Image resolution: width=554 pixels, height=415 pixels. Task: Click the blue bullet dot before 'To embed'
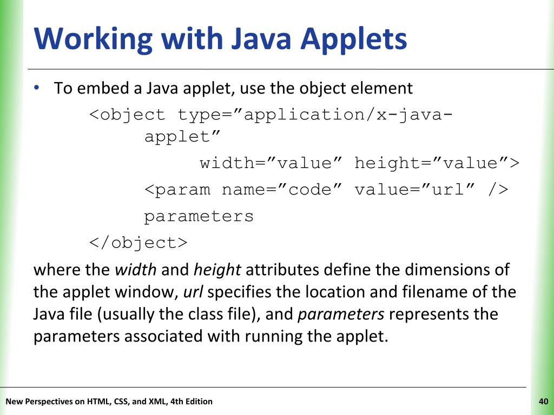37,88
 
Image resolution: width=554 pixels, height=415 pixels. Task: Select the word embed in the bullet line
100,88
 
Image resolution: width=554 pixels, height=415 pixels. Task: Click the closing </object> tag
138,243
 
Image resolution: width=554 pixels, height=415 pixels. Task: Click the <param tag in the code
177,190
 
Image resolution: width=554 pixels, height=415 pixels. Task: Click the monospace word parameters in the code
199,216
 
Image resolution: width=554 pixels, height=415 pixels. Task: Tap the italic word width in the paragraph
136,269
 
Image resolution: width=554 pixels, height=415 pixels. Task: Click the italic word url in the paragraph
193,292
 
